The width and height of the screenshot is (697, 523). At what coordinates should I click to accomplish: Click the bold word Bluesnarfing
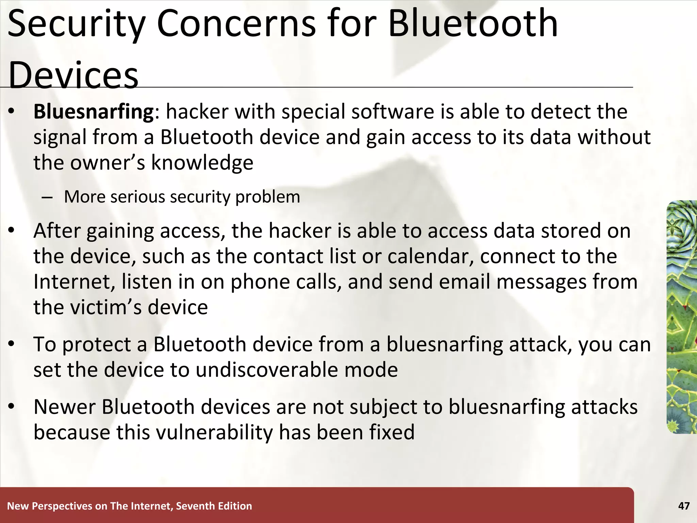click(94, 112)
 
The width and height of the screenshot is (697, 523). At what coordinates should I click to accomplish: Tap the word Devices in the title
click(73, 75)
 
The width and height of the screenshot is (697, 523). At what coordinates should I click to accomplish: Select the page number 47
click(684, 506)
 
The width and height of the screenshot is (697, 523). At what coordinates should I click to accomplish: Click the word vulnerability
click(214, 432)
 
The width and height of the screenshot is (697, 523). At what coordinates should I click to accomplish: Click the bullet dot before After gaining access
click(12, 231)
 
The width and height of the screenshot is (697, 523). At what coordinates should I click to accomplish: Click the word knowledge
click(202, 163)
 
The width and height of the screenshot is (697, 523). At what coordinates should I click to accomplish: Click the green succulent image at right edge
click(682, 317)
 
